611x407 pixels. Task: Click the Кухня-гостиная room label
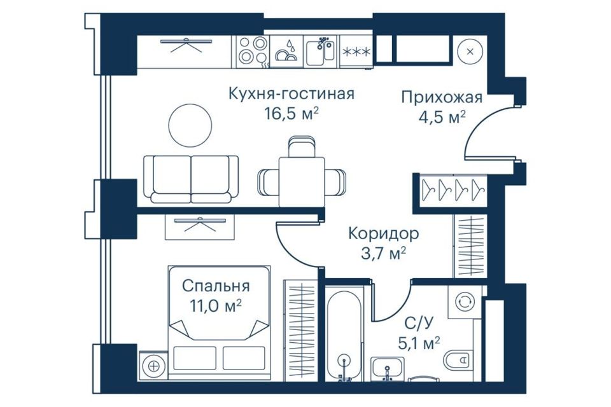pyautogui.click(x=291, y=95)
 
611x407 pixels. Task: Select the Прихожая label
pyautogui.click(x=441, y=97)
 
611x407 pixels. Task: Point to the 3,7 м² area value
pyautogui.click(x=383, y=253)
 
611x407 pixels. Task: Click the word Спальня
pyautogui.click(x=215, y=286)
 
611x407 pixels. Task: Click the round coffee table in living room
pyautogui.click(x=190, y=125)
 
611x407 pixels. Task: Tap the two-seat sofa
pyautogui.click(x=191, y=179)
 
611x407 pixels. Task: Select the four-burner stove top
pyautogui.click(x=253, y=51)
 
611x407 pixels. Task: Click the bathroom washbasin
pyautogui.click(x=386, y=369)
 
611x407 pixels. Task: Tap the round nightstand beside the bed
pyautogui.click(x=152, y=366)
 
